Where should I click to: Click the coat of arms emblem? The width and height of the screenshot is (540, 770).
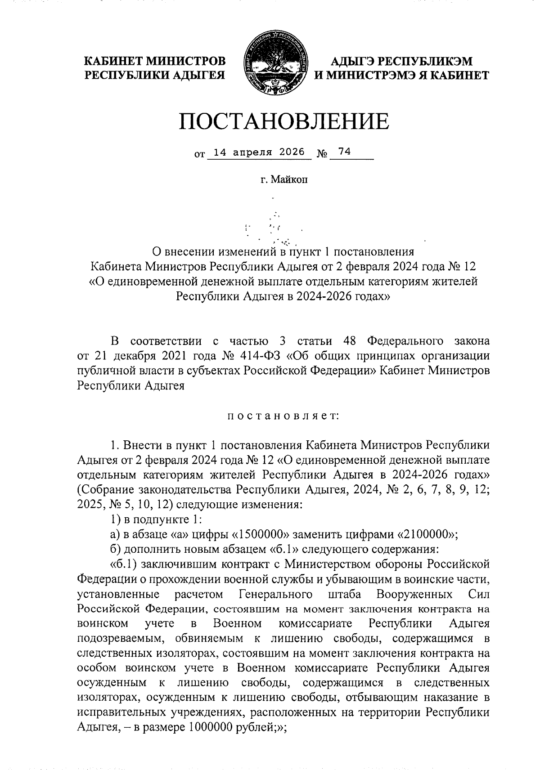click(274, 64)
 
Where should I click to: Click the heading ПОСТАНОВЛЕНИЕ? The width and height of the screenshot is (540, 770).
click(283, 121)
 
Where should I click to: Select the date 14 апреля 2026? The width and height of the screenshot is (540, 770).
click(259, 152)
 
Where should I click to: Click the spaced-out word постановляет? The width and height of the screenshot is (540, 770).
click(283, 417)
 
